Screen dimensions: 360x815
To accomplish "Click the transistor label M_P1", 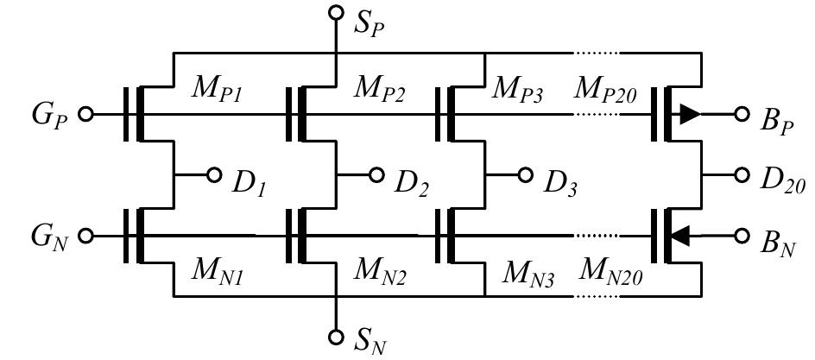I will [217, 88].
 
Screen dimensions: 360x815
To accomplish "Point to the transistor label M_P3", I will [518, 88].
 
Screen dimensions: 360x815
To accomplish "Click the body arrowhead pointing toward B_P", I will [689, 115].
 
